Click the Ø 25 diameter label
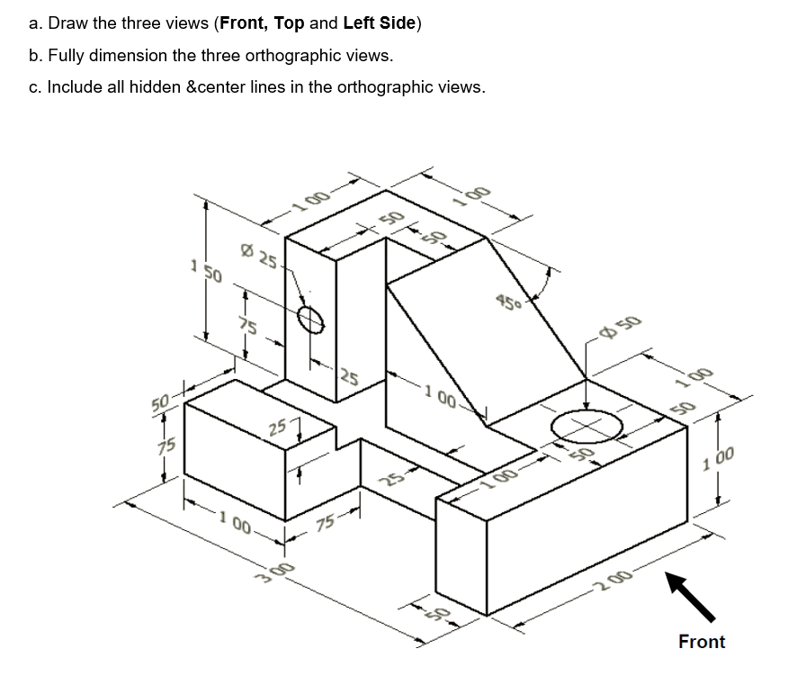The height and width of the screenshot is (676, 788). [x=262, y=258]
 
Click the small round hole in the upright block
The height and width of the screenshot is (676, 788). [x=310, y=318]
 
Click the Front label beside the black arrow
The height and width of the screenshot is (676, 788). [x=701, y=642]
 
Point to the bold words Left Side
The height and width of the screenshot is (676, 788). [x=379, y=23]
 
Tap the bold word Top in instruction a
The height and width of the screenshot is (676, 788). [x=289, y=23]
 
